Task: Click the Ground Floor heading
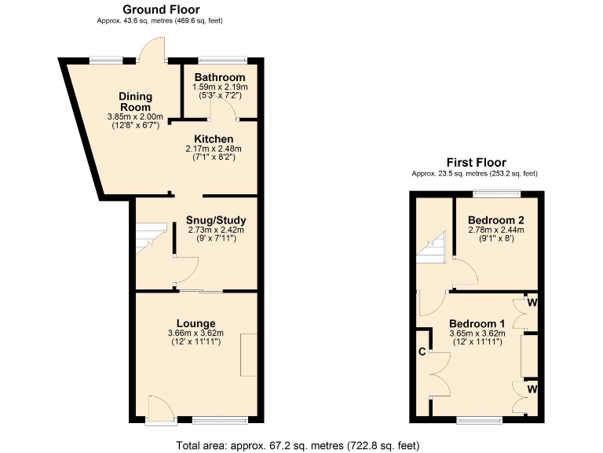click(x=161, y=9)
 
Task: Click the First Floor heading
click(x=475, y=162)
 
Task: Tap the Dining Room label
click(x=136, y=101)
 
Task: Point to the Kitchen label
click(x=214, y=139)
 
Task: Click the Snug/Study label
click(x=216, y=220)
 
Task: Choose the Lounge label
click(x=196, y=323)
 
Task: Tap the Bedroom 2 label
click(x=495, y=219)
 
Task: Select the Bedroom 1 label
click(x=477, y=323)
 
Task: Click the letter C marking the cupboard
click(x=422, y=352)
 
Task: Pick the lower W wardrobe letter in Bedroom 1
click(x=532, y=389)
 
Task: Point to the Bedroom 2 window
click(x=495, y=193)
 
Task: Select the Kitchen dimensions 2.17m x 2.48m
click(x=214, y=149)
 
